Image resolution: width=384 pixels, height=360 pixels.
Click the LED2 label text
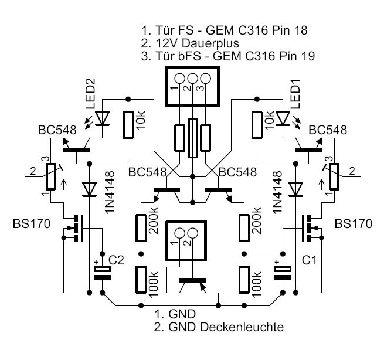point(89,99)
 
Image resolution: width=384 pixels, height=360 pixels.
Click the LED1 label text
point(295,98)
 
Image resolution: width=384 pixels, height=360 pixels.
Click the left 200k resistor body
point(141,228)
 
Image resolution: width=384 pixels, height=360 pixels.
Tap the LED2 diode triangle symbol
point(104,119)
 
